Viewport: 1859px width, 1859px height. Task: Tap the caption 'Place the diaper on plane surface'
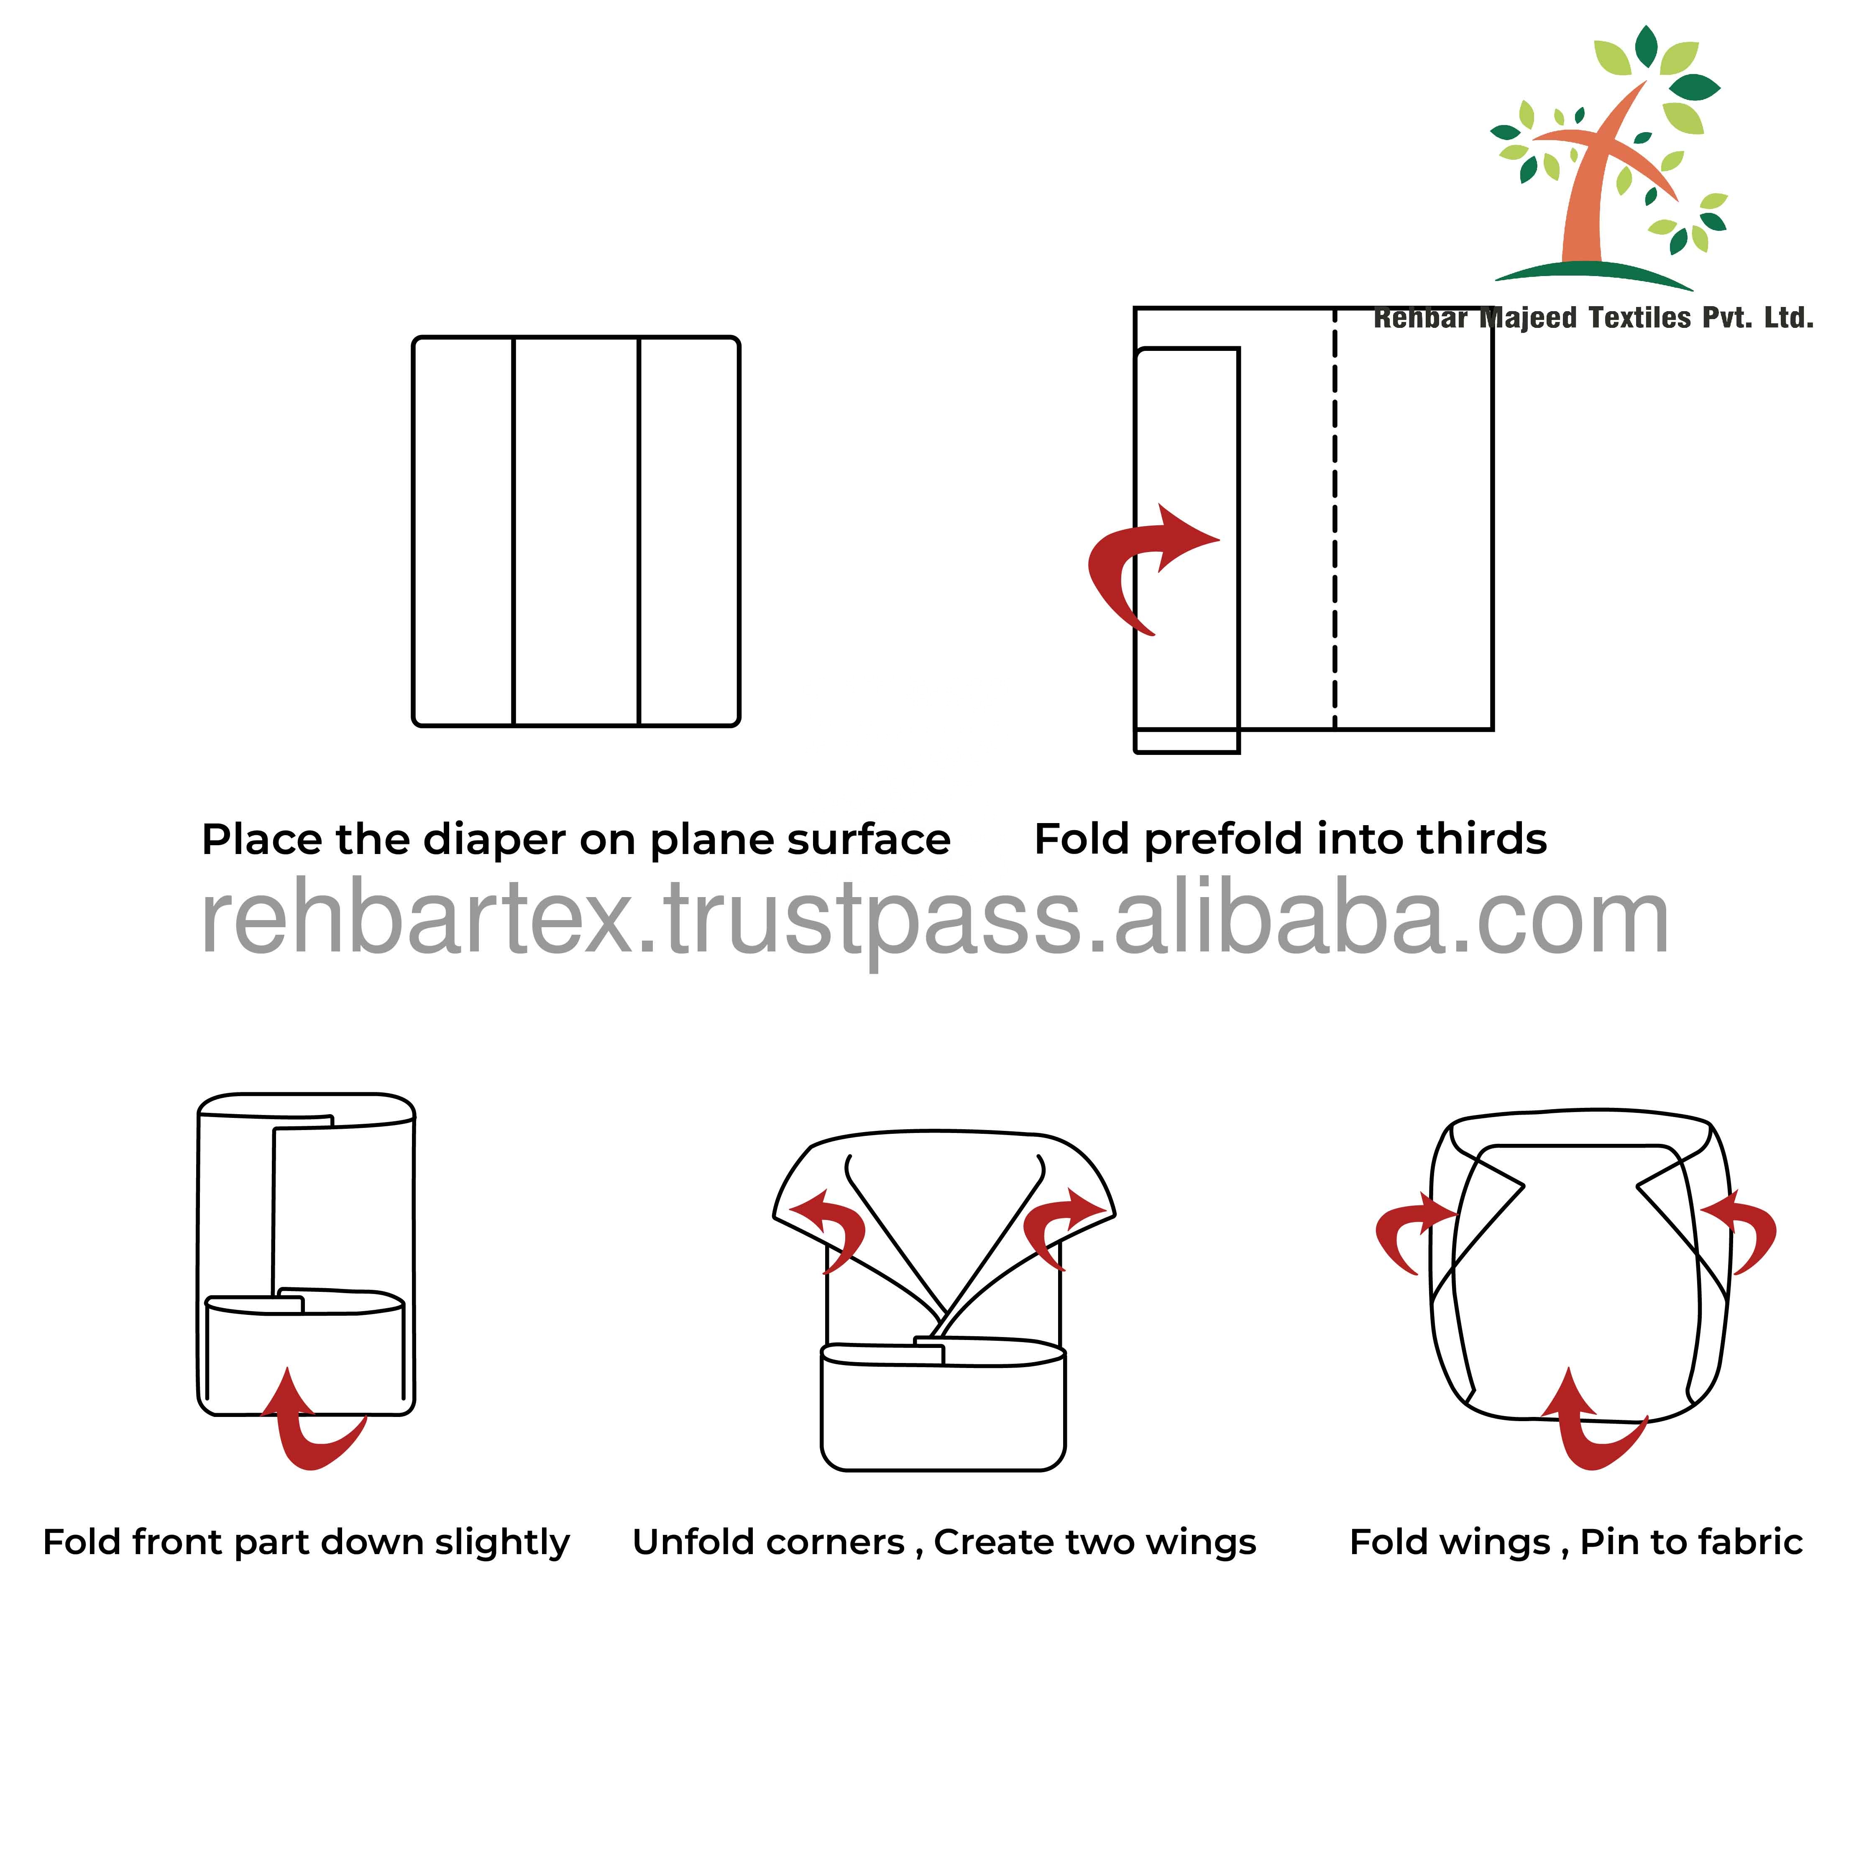click(x=575, y=840)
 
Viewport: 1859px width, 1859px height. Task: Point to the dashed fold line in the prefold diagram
click(x=1335, y=519)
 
